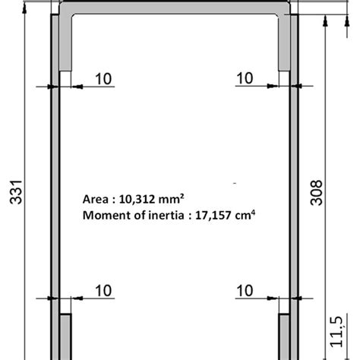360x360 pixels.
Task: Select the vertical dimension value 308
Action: [317, 194]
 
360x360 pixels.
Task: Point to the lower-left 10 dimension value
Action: [103, 289]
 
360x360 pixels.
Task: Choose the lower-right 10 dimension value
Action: [245, 289]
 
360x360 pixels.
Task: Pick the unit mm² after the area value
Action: [171, 200]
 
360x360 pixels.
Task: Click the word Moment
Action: [104, 215]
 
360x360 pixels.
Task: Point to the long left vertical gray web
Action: [55, 190]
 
